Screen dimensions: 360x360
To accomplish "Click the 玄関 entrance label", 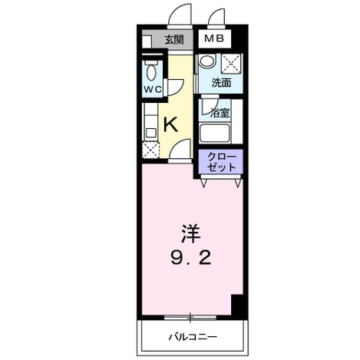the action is coord(174,40).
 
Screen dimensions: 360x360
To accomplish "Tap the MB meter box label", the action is coord(214,38).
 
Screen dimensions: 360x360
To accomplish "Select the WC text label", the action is coord(153,90).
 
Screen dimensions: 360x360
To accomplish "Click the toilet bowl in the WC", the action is coord(151,71).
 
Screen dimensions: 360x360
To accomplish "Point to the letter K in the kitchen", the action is coord(170,124).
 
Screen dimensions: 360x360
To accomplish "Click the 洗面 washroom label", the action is coord(221,82).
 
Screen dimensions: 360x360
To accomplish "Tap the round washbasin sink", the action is coord(207,61).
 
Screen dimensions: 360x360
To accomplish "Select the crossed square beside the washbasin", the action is coord(231,64).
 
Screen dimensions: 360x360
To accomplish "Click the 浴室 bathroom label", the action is coord(220,113).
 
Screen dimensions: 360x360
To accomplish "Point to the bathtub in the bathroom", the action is coord(215,133).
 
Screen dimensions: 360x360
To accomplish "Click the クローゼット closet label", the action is coord(222,162).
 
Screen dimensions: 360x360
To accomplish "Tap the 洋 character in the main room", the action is coord(190,233).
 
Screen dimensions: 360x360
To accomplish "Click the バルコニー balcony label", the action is coord(193,337).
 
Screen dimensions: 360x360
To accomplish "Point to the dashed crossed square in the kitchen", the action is coord(150,150).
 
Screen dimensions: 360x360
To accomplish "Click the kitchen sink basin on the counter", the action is coord(150,133).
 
